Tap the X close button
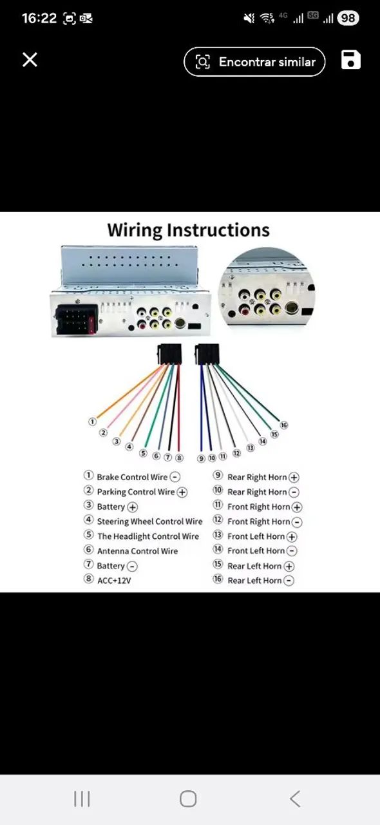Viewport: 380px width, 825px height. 30,59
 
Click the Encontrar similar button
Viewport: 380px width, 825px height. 254,61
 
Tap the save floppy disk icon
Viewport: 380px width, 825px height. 350,60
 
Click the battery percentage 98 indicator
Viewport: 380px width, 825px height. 348,18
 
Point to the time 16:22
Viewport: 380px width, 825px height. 39,18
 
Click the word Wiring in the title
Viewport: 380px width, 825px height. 135,230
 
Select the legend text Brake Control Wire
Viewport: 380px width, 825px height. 132,477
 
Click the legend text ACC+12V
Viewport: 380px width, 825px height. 114,581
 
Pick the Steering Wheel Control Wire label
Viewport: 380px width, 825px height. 150,521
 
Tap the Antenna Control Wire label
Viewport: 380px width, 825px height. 137,551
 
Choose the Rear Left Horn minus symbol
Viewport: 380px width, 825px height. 289,581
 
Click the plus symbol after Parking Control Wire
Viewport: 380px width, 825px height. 182,492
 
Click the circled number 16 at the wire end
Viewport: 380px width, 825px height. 284,425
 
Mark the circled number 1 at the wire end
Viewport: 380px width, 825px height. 92,422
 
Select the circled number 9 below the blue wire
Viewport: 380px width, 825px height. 201,458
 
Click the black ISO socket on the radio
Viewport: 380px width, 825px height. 77,320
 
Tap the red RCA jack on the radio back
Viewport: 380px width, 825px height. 142,324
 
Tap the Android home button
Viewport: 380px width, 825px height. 188,799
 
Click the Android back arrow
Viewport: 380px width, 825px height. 295,799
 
